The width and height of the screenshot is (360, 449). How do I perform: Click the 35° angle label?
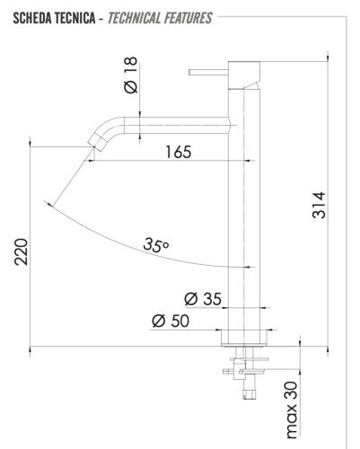155,244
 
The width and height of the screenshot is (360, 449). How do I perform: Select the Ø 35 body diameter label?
202,298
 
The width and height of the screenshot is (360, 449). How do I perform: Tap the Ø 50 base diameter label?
171,321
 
